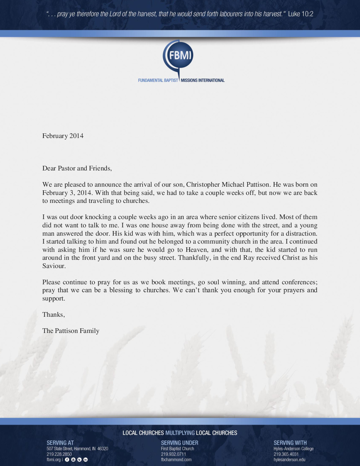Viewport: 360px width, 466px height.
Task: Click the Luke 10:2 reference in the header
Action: coord(300,14)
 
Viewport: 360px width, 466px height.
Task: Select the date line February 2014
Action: coord(63,136)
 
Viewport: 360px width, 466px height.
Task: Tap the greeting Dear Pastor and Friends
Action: coord(77,168)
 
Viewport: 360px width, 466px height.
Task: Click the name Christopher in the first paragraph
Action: coord(203,185)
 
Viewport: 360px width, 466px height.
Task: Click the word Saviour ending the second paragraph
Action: coord(54,266)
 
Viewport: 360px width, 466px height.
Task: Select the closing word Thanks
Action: coord(53,315)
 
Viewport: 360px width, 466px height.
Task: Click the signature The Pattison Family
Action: coord(71,331)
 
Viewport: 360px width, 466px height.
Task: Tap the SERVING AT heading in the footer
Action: coord(60,443)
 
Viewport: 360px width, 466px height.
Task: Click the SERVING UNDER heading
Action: coord(180,443)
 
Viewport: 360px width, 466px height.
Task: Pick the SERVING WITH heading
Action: coord(290,443)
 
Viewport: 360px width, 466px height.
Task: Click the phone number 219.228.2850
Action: coord(59,454)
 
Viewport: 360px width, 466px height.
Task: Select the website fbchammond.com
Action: coord(176,460)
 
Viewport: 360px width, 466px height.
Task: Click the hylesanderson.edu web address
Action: coord(290,460)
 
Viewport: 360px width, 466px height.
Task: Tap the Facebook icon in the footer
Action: coord(67,460)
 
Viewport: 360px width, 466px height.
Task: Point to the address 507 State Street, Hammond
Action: coord(77,449)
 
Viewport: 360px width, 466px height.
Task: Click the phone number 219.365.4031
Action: coord(286,454)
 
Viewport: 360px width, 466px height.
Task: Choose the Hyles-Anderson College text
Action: coord(293,449)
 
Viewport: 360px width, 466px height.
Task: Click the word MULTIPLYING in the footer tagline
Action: coord(180,433)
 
